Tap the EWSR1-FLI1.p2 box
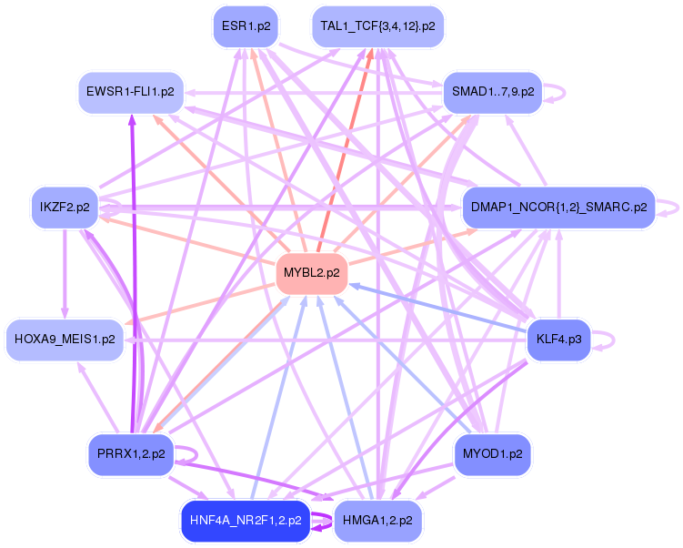(x=130, y=92)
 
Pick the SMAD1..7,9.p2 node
(x=492, y=92)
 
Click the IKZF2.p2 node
(x=65, y=208)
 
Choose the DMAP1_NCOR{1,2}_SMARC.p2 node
(x=558, y=208)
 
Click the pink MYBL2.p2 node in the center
(x=311, y=272)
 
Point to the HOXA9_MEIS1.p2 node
(x=65, y=340)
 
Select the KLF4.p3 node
(x=558, y=340)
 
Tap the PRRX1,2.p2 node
(x=130, y=453)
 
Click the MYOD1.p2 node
(x=492, y=453)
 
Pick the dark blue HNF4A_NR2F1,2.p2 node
(x=246, y=522)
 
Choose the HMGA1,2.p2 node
(x=378, y=522)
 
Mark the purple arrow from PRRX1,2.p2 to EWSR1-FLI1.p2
(x=132, y=273)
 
